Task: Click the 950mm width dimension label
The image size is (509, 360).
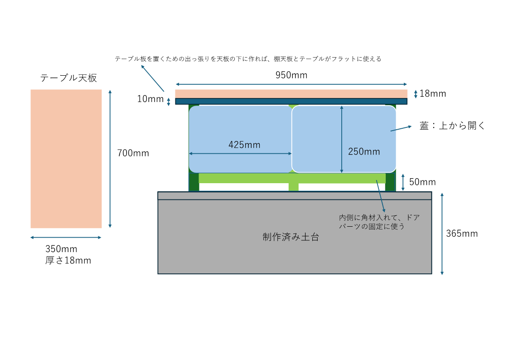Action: [x=291, y=75]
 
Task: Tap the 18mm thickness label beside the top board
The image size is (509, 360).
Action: [x=433, y=94]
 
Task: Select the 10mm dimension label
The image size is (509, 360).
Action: [x=150, y=98]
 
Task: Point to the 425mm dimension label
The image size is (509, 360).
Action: [x=244, y=145]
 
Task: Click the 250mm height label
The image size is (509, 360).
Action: [x=364, y=152]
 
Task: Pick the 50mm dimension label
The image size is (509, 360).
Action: [x=422, y=182]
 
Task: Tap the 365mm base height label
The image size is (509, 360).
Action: [x=462, y=234]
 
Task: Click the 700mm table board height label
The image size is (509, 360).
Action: [x=133, y=153]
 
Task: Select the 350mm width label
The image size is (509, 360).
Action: [x=61, y=249]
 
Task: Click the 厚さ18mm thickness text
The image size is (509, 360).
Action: [x=68, y=261]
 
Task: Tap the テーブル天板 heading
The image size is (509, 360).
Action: [x=68, y=78]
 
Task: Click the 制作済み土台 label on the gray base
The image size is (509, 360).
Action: [x=291, y=237]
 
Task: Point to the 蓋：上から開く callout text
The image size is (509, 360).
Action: [x=452, y=126]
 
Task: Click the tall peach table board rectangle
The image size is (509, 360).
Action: [x=66, y=159]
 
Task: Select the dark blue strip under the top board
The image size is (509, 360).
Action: [x=291, y=101]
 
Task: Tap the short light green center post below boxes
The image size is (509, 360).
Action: [x=293, y=187]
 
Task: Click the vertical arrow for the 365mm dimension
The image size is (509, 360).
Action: [x=442, y=233]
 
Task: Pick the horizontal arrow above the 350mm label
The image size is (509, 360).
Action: [x=66, y=237]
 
